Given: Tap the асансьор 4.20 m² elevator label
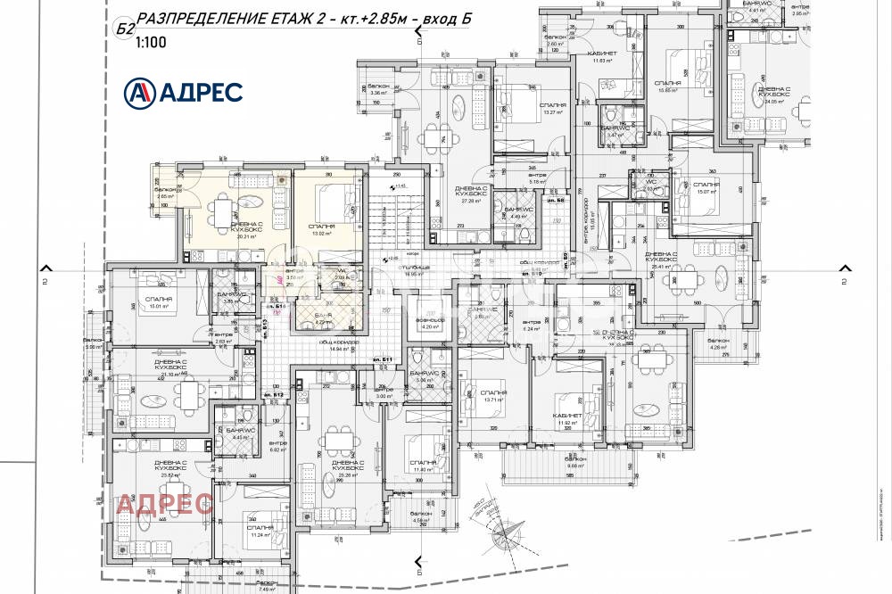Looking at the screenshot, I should (x=431, y=324).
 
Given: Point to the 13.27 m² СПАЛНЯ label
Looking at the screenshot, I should (x=553, y=110).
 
